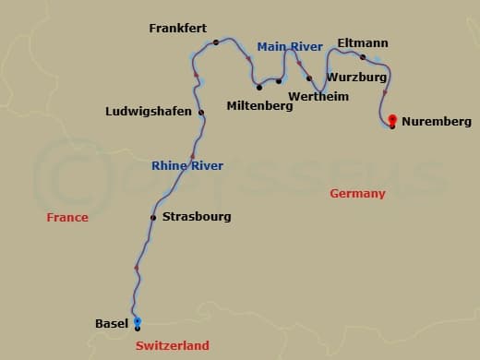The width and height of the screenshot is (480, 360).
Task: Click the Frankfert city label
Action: tap(177, 29)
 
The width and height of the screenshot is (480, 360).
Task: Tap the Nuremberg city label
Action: tap(437, 121)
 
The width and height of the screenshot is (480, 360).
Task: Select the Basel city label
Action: tap(112, 323)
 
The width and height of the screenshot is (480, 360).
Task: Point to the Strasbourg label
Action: tap(196, 217)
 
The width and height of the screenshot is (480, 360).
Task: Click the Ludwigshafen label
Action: tap(149, 112)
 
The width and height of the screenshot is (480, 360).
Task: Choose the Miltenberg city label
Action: tap(259, 106)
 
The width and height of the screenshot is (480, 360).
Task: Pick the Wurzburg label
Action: tap(356, 78)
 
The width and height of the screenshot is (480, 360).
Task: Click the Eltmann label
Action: tap(363, 42)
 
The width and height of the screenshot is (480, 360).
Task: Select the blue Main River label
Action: tap(289, 46)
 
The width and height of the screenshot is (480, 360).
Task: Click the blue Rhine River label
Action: tap(187, 166)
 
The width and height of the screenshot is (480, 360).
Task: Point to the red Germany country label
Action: tap(357, 193)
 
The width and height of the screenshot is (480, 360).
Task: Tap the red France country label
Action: tap(67, 218)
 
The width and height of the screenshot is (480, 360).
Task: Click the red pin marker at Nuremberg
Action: tap(392, 119)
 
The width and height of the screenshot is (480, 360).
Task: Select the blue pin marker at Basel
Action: tap(138, 320)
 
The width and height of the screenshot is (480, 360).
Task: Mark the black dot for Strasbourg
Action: tap(153, 218)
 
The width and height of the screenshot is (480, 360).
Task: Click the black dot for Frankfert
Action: tap(215, 42)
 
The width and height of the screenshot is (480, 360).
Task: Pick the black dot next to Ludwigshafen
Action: tap(201, 113)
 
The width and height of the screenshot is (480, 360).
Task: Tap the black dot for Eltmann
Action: tap(362, 57)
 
